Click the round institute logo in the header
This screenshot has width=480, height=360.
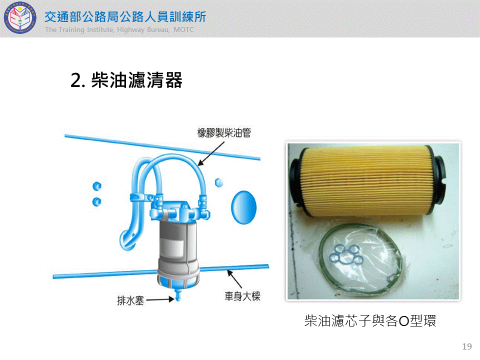click(x=20, y=18)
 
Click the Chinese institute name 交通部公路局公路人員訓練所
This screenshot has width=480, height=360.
click(x=125, y=17)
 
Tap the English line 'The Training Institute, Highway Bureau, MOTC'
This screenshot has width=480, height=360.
click(x=119, y=29)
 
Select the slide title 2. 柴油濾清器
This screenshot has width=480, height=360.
click(x=126, y=80)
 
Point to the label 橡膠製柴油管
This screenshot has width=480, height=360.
click(x=224, y=133)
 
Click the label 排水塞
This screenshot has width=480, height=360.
click(x=130, y=300)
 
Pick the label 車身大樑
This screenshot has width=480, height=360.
click(x=242, y=296)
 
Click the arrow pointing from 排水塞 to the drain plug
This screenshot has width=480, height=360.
click(x=160, y=299)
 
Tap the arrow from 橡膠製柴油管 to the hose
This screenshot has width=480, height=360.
click(x=211, y=153)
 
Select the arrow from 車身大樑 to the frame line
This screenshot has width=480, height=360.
click(x=234, y=279)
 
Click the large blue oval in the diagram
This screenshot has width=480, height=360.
click(x=243, y=207)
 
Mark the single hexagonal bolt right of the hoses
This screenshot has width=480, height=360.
click(x=219, y=183)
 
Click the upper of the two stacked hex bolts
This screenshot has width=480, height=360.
click(x=96, y=186)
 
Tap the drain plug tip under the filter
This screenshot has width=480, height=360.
click(x=178, y=296)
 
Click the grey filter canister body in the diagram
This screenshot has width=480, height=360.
click(x=178, y=245)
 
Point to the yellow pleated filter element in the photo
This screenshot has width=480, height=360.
click(x=366, y=181)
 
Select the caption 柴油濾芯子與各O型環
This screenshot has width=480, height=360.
click(x=370, y=321)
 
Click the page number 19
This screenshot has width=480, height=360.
click(x=467, y=346)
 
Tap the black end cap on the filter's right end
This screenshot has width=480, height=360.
click(x=438, y=180)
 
